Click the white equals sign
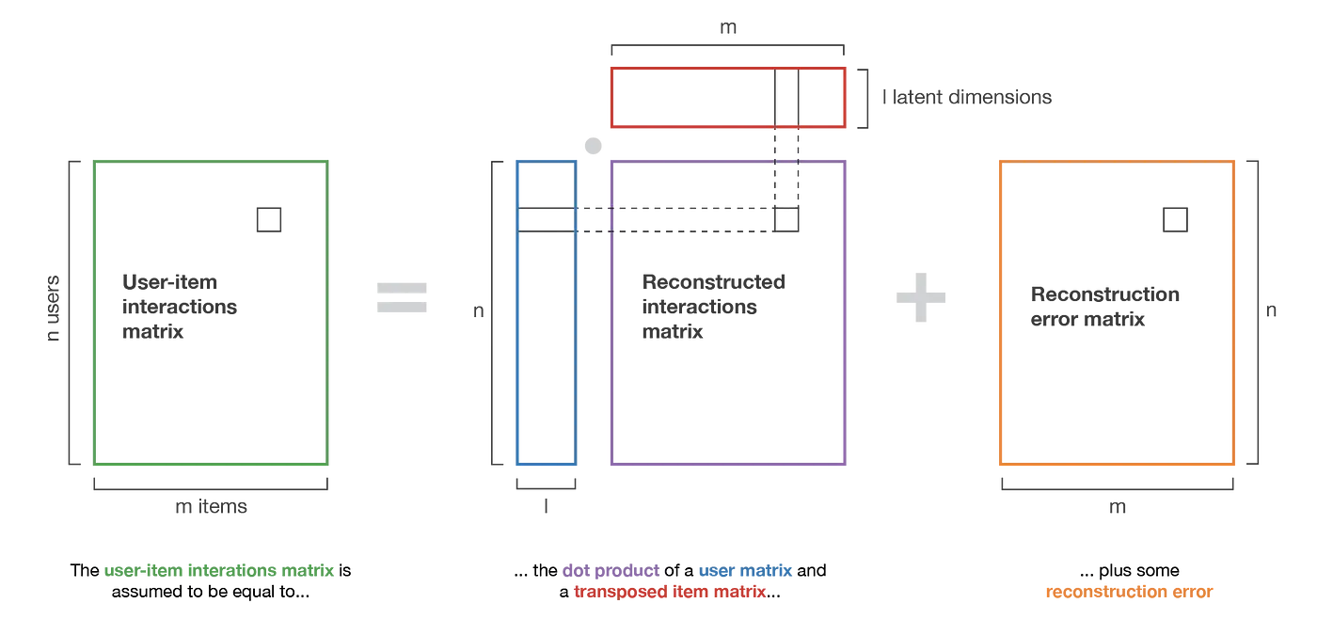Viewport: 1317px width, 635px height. [398, 297]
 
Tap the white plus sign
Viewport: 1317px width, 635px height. [917, 297]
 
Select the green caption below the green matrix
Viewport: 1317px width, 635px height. [218, 571]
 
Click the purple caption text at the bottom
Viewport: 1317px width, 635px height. [611, 571]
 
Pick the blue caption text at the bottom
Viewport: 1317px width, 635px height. [745, 571]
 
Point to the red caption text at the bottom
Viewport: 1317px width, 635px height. [669, 593]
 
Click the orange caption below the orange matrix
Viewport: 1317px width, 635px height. [1129, 593]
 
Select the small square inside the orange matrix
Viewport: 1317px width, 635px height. [1177, 220]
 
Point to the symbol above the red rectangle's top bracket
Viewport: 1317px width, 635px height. [727, 30]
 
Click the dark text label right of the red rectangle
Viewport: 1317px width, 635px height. [965, 99]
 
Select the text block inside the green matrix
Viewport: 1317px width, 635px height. [179, 307]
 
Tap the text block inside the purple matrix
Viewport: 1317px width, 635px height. [713, 307]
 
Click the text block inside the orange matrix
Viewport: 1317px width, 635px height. [1104, 305]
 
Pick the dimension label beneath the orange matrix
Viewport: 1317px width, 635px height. [1115, 508]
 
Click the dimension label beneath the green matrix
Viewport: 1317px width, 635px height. [213, 506]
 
